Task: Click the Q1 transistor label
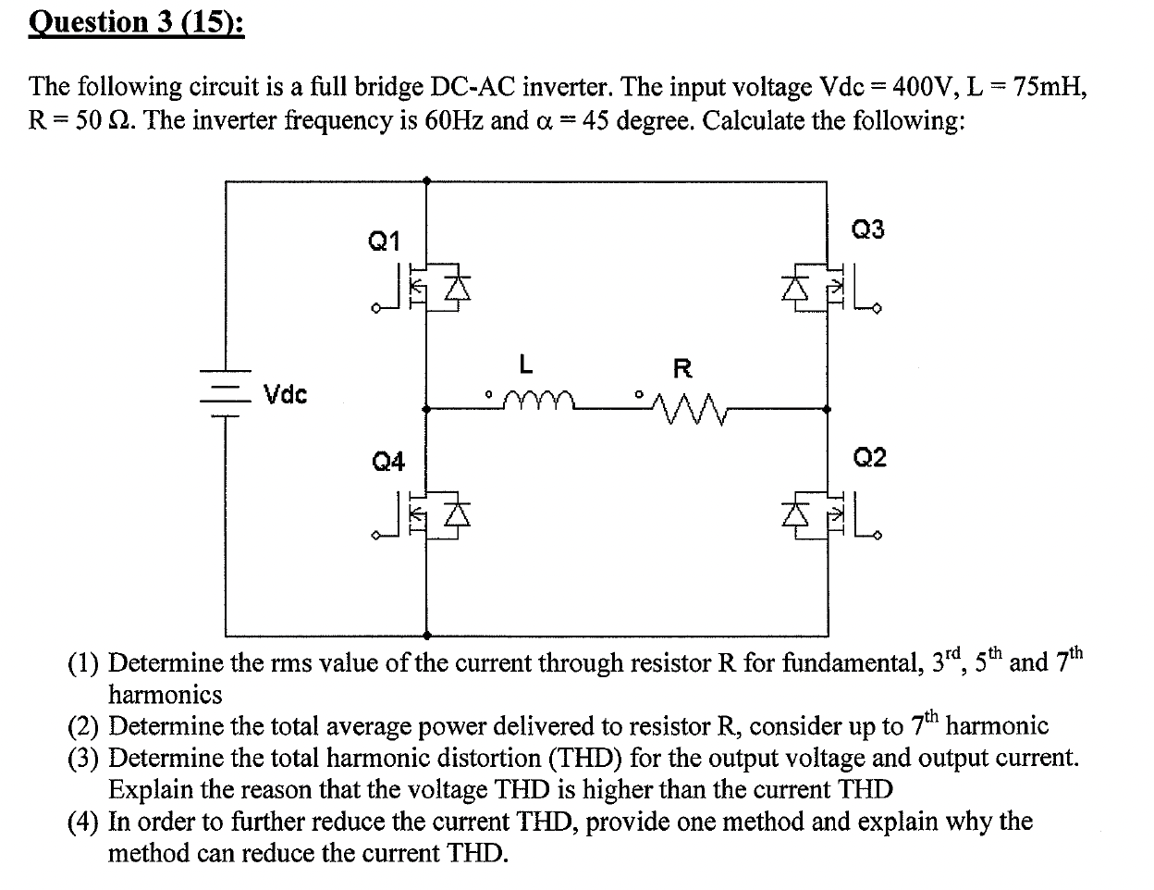(384, 241)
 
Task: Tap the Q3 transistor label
(866, 229)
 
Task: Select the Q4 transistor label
(388, 461)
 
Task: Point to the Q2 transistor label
(869, 457)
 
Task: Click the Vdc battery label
(286, 395)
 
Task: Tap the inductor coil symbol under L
(538, 399)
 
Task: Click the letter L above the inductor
(525, 365)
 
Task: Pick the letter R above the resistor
(682, 368)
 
